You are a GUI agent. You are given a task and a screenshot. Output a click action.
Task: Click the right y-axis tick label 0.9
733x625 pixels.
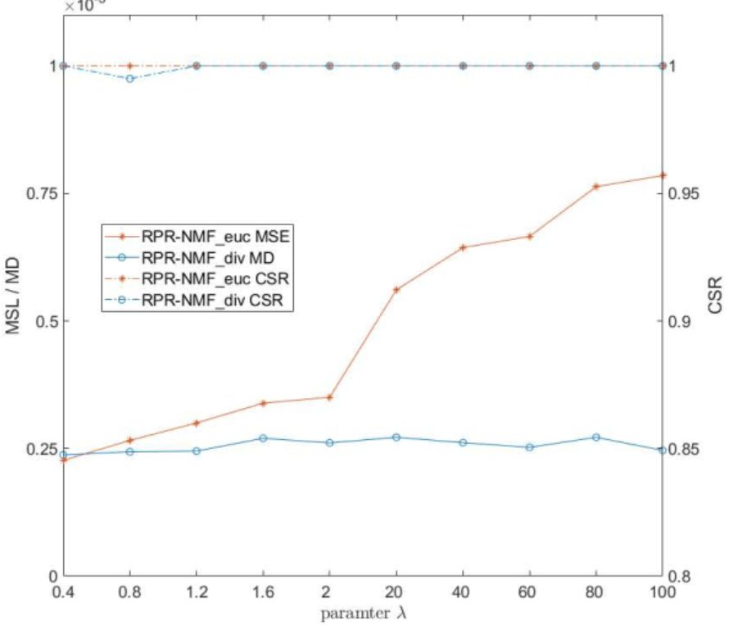point(684,321)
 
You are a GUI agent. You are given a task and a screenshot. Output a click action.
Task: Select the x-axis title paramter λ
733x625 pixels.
point(362,612)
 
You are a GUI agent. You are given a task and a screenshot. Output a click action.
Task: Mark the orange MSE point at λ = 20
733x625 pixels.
point(396,290)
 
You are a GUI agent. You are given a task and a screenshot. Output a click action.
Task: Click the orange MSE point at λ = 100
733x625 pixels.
point(663,175)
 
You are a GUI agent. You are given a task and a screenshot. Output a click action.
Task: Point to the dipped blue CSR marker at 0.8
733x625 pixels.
point(129,79)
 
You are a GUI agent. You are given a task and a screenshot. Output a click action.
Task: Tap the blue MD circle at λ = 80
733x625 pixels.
point(596,437)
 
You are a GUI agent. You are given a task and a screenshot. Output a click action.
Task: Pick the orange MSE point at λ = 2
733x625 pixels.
point(329,397)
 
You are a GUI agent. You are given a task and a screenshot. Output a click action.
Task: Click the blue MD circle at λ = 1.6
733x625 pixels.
point(263,438)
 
